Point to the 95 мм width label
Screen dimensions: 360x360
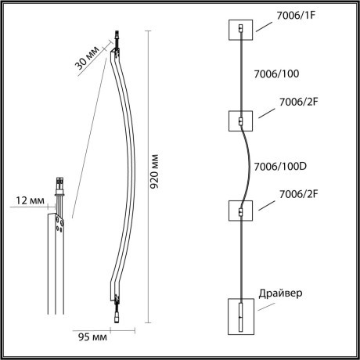coord(92,338)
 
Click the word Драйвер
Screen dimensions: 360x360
coord(280,293)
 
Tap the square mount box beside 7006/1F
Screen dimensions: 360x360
coord(241,31)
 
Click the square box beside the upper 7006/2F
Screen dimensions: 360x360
coord(241,121)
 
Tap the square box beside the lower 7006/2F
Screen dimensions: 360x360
coord(241,211)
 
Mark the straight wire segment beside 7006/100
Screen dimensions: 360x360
coord(242,75)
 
